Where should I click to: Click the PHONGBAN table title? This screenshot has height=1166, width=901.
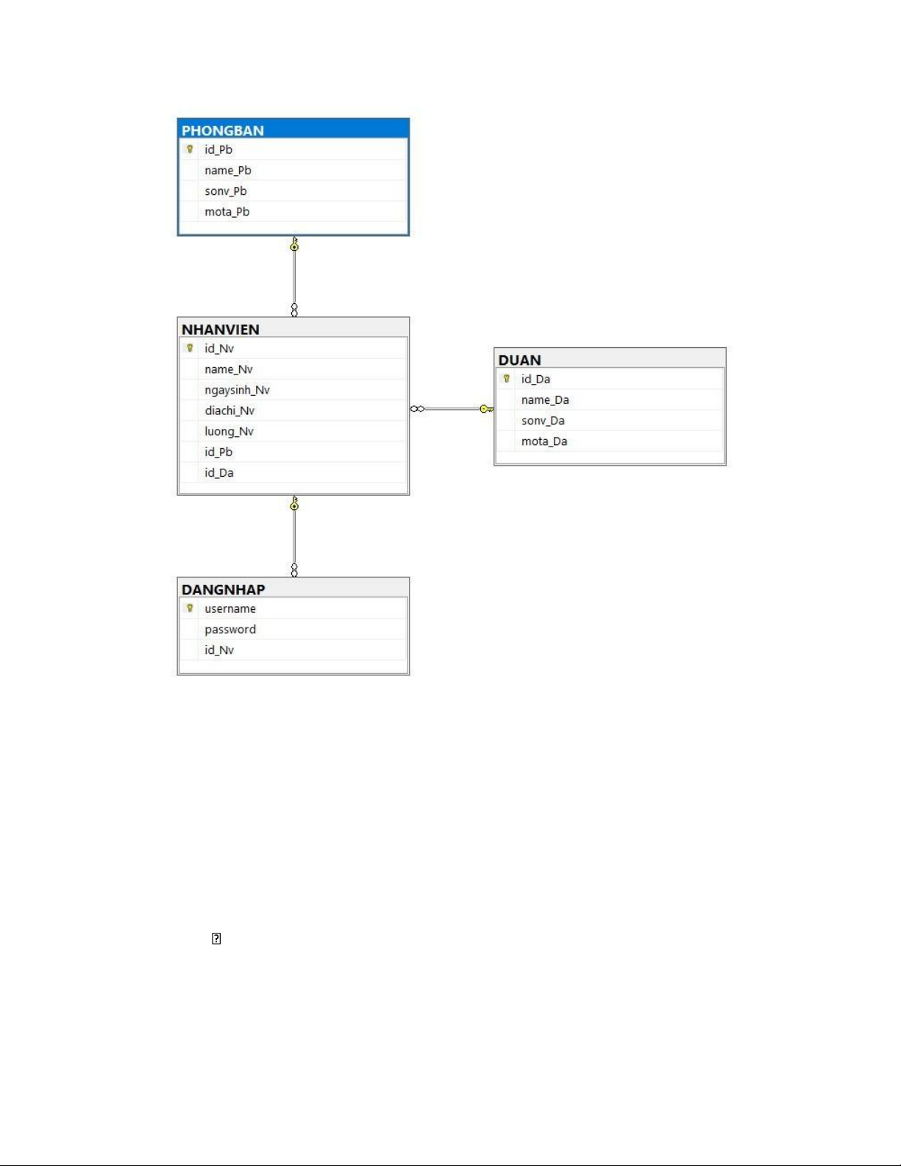click(x=223, y=130)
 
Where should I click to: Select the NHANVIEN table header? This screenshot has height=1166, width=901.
click(x=221, y=329)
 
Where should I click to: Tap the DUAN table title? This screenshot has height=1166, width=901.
click(x=520, y=360)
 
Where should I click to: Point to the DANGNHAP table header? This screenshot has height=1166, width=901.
click(x=224, y=589)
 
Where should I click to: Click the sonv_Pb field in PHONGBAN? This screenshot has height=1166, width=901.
click(x=226, y=191)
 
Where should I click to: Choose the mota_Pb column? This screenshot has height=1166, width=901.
click(x=227, y=211)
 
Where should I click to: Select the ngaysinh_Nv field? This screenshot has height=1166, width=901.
click(x=237, y=389)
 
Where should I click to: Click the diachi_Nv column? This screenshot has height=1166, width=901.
click(x=229, y=410)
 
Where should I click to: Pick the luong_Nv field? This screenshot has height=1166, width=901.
click(x=229, y=431)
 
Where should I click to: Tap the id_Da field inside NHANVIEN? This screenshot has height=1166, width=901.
click(x=219, y=472)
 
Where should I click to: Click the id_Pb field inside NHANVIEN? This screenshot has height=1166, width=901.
click(x=218, y=452)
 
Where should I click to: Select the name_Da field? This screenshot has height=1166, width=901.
click(x=545, y=399)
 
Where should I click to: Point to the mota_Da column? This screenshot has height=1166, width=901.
click(x=544, y=441)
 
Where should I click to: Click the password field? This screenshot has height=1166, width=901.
click(x=230, y=629)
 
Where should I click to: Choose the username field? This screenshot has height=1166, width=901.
click(x=230, y=608)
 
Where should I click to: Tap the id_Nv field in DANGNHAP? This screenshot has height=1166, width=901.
click(x=219, y=650)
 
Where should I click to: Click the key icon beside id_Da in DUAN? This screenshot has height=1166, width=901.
click(x=507, y=379)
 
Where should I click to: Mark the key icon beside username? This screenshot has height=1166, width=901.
click(x=190, y=608)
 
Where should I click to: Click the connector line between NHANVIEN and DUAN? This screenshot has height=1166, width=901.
click(x=452, y=408)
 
